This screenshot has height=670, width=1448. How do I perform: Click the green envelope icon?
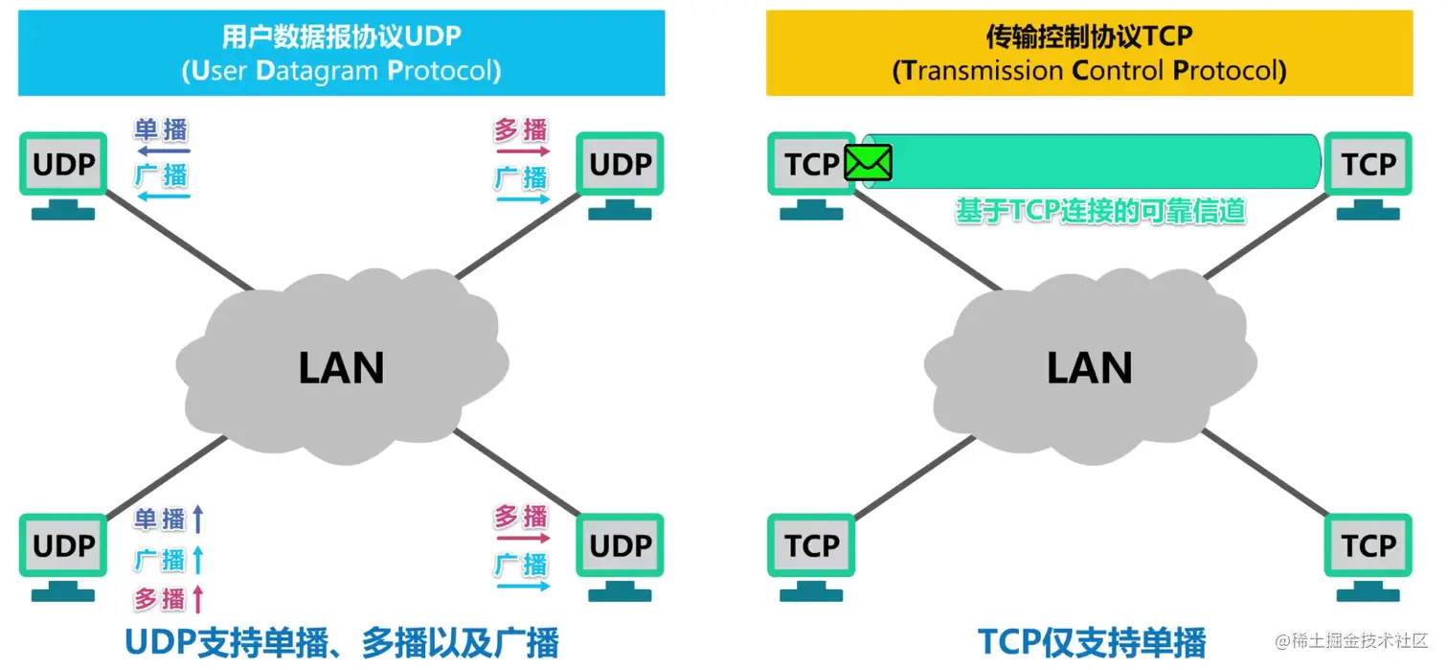click(868, 163)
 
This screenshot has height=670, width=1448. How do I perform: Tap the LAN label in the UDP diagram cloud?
click(341, 368)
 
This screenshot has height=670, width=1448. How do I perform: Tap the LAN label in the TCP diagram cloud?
click(1089, 368)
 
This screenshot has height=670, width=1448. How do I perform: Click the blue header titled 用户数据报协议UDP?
click(341, 53)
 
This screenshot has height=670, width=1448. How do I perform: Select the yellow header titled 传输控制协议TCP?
click(1089, 53)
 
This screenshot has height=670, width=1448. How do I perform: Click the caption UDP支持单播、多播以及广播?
click(341, 642)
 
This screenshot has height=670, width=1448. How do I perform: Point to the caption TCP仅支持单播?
click(1091, 642)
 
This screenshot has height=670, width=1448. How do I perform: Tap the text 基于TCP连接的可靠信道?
click(1100, 211)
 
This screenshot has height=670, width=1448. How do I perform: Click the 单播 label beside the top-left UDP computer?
click(162, 129)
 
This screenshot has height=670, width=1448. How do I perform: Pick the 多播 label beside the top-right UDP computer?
click(521, 129)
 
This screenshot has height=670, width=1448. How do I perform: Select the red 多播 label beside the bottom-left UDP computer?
click(160, 599)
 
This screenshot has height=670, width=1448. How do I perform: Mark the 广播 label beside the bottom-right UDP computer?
click(521, 564)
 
